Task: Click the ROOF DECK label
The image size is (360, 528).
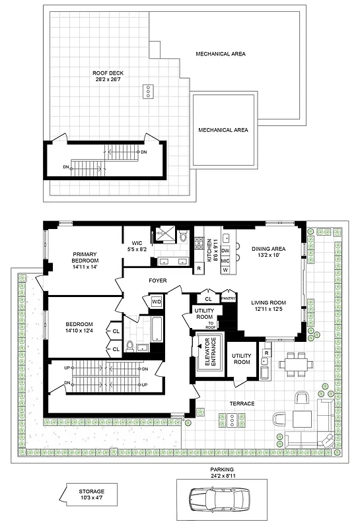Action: pos(108,73)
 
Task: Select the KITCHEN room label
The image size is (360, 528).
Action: pos(209,250)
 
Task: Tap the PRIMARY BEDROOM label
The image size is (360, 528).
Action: pos(85,257)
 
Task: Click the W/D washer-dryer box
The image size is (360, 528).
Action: pos(157,302)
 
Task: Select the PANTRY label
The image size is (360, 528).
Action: pos(229,298)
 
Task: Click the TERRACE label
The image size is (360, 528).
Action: pos(242,403)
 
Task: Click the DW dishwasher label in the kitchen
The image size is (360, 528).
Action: pos(225,251)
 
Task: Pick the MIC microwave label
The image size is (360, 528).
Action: pos(225,261)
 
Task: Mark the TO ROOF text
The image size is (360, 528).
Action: pos(211,324)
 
